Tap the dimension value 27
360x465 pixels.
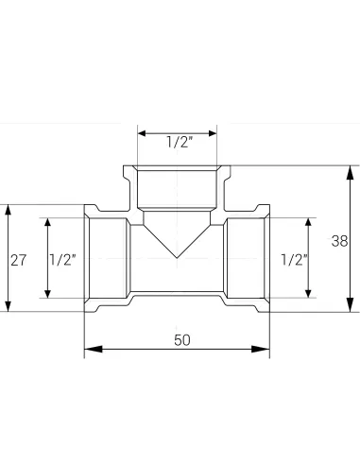[x=17, y=258]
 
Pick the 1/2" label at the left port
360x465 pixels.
[x=61, y=258]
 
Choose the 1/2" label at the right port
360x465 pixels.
[x=294, y=258]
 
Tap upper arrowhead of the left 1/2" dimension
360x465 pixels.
[x=45, y=222]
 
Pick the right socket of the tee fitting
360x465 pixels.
[x=248, y=257]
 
